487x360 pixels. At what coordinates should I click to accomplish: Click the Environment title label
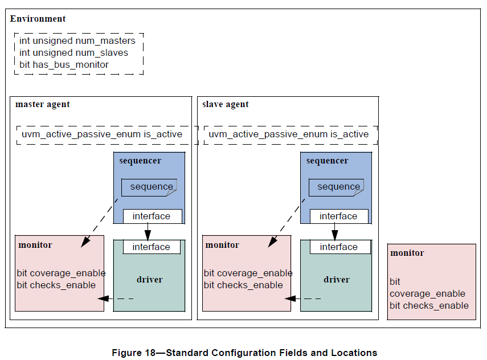point(38,19)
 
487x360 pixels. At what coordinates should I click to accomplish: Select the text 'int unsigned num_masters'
point(77,41)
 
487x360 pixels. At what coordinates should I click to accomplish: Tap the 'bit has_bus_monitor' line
point(64,64)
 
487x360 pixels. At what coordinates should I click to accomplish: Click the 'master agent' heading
point(43,104)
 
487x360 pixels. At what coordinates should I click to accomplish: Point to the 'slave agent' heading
point(226,104)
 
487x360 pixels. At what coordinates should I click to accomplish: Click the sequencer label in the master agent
point(140,161)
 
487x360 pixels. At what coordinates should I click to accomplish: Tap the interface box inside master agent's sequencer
point(152,216)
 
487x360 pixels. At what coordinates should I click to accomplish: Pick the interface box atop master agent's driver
point(152,247)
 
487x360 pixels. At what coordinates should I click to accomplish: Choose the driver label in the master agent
point(149,280)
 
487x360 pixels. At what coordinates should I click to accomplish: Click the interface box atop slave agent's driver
point(339,247)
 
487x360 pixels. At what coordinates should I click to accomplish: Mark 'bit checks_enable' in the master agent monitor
point(56,285)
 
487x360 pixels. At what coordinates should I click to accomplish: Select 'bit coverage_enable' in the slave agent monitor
point(248,273)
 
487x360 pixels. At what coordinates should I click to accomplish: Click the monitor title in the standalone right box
point(407,253)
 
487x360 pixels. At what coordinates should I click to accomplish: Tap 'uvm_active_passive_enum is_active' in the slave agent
point(289,134)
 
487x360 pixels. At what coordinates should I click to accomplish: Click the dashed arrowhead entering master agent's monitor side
point(101,298)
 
